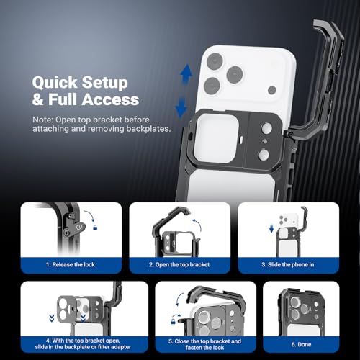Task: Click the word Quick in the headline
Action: point(55,83)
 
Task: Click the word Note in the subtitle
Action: point(42,120)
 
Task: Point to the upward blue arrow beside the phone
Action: point(186,73)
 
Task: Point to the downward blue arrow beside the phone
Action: point(181,107)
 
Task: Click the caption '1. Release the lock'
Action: point(71,264)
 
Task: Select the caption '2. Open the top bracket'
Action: point(179,264)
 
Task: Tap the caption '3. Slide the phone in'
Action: point(288,264)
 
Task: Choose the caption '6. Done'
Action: point(301,344)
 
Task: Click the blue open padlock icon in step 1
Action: point(95,227)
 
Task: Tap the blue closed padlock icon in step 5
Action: point(173,320)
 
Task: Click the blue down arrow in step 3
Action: point(271,228)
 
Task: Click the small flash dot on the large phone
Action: point(272,90)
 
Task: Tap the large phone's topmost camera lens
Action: point(215,60)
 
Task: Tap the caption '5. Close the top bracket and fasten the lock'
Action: point(204,344)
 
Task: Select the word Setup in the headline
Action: point(104,83)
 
